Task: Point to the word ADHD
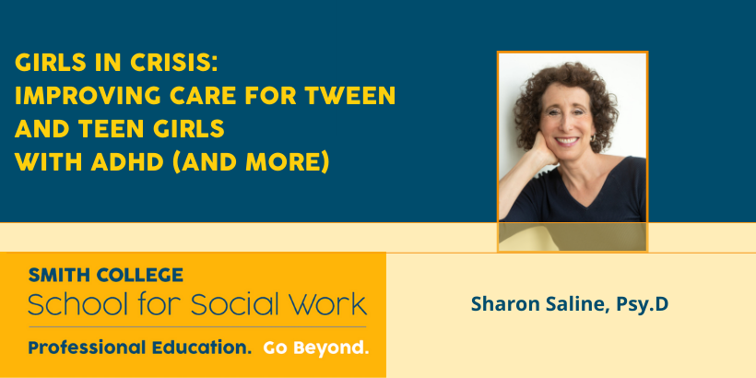point(128,162)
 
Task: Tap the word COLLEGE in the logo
point(140,275)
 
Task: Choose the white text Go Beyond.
point(316,348)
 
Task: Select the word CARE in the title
point(203,96)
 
